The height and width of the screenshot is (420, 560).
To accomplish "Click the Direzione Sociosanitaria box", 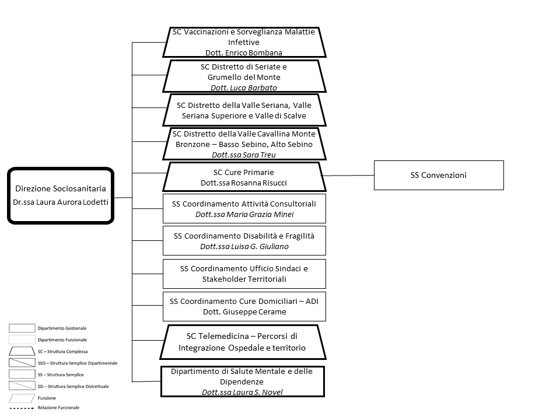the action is (x=61, y=196).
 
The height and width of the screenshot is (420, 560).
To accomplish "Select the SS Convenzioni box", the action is (x=439, y=176).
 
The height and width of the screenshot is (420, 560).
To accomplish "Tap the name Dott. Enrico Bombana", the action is (x=244, y=53).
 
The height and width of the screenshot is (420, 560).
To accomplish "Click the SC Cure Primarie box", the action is (x=244, y=177).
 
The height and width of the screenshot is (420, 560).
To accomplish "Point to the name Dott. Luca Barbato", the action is (x=244, y=88).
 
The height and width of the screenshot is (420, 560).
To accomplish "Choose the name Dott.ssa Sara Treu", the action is (x=244, y=155).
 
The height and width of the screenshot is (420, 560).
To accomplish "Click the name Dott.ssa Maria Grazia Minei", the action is (x=244, y=214).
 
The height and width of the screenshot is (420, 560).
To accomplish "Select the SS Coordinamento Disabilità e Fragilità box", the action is (x=244, y=241).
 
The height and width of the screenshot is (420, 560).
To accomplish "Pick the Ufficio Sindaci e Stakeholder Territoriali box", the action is (x=244, y=274).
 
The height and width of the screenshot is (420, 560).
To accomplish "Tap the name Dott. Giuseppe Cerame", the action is (x=244, y=311).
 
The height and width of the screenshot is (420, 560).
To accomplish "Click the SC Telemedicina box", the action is (x=243, y=342).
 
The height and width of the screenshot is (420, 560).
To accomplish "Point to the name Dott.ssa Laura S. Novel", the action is (x=242, y=392).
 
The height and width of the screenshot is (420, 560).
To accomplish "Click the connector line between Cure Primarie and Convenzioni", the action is (x=348, y=176).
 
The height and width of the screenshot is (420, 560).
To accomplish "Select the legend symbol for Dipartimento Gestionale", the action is (x=22, y=328).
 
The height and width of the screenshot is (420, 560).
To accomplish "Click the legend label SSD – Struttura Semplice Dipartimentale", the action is (x=78, y=363).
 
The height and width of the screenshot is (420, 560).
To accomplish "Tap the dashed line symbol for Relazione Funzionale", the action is (x=22, y=408).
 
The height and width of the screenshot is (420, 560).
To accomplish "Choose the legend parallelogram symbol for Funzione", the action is (x=22, y=398).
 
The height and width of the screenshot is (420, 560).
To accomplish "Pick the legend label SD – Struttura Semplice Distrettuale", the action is (x=73, y=386).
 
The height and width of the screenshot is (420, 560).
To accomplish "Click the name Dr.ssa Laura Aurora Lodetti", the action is (x=61, y=202).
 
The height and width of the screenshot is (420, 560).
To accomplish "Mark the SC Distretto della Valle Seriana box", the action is (x=244, y=110).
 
